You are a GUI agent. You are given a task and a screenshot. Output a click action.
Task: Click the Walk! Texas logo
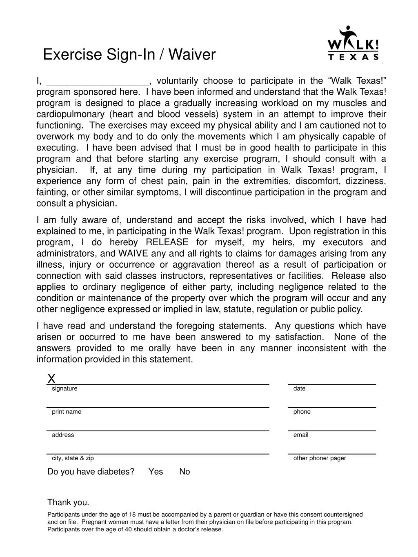coord(354,44)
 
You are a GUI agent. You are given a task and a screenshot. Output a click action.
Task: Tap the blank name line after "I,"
coord(98,81)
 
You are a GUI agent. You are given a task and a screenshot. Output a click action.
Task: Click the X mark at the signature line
coord(51,379)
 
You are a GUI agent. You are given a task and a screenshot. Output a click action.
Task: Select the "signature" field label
coord(64,388)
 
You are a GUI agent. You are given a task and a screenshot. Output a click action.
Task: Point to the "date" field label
coord(299,388)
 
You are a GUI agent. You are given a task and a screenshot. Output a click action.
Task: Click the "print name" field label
coord(67,412)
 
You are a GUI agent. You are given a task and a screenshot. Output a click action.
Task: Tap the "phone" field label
coord(302,412)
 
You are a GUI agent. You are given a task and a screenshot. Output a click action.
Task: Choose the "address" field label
coord(63,435)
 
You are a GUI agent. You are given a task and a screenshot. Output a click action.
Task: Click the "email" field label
coord(301,435)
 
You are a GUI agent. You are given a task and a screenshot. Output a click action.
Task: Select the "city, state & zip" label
coord(73,458)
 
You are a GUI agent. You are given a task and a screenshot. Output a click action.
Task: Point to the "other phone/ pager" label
coord(320,458)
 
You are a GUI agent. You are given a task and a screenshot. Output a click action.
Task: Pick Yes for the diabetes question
coord(156,472)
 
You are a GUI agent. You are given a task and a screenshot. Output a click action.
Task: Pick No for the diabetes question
coord(185,472)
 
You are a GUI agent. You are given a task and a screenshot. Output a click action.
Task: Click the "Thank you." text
coord(68,502)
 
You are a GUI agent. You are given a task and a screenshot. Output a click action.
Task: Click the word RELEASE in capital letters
coord(167,242)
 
